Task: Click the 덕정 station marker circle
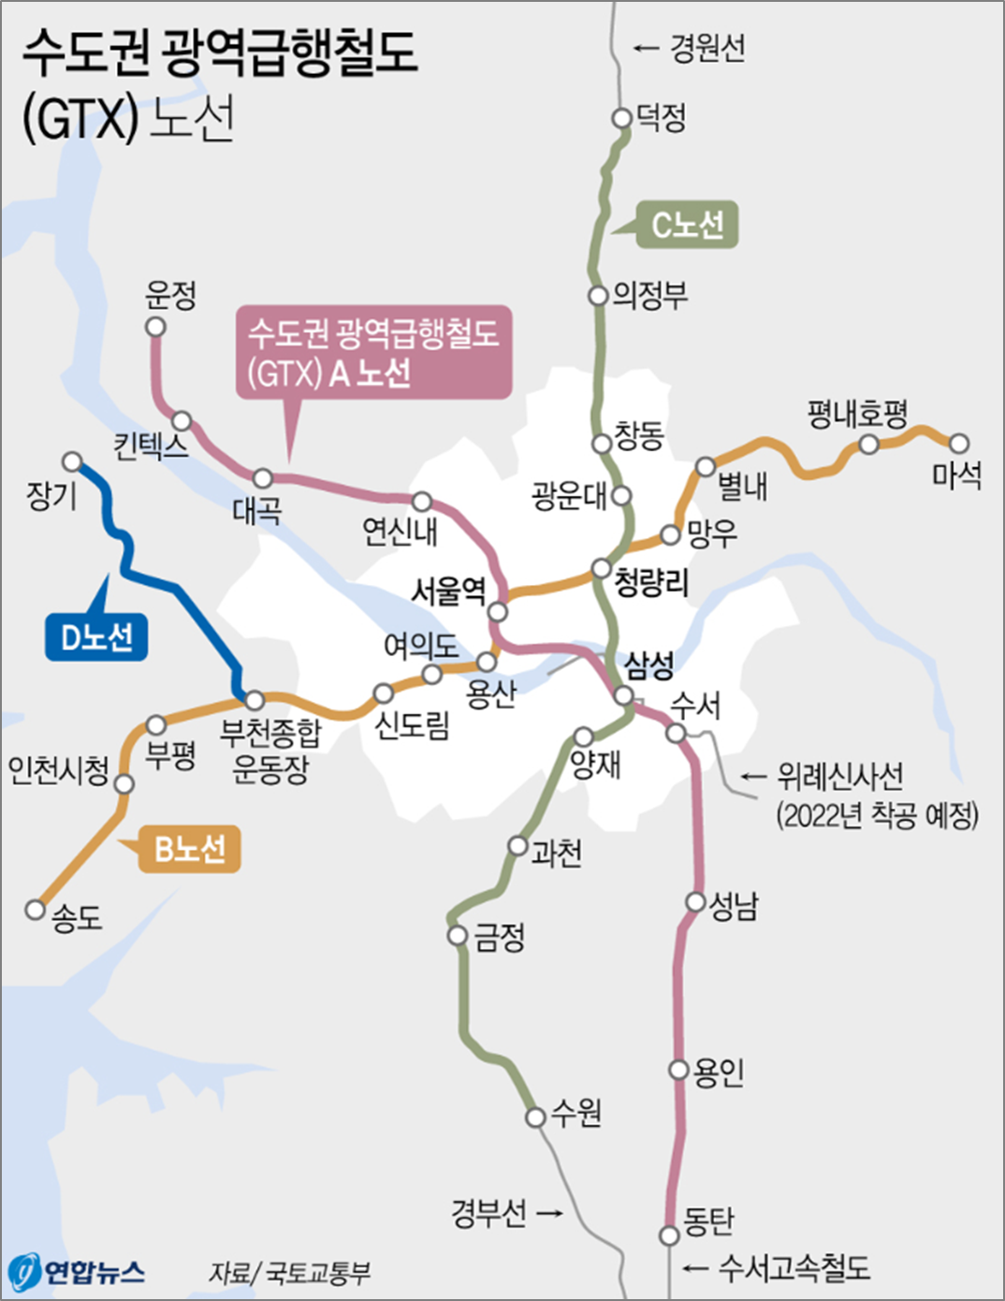pos(621,118)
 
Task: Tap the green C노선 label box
pos(687,225)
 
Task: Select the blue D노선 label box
pos(96,637)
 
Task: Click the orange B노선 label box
pos(189,849)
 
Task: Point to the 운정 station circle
pos(155,327)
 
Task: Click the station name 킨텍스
pos(151,446)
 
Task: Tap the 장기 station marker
pos(72,461)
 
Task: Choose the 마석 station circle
pos(959,443)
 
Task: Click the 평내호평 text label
pos(857,413)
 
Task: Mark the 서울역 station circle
pos(498,612)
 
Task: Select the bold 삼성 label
pos(649,665)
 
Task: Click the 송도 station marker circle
pos(36,909)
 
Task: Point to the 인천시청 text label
pos(58,770)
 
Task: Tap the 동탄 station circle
pos(669,1235)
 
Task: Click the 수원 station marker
pos(535,1117)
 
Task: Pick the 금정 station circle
pos(458,935)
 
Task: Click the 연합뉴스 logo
pos(77,1271)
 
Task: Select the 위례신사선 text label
pos(839,776)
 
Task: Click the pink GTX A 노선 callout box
pos(373,353)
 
